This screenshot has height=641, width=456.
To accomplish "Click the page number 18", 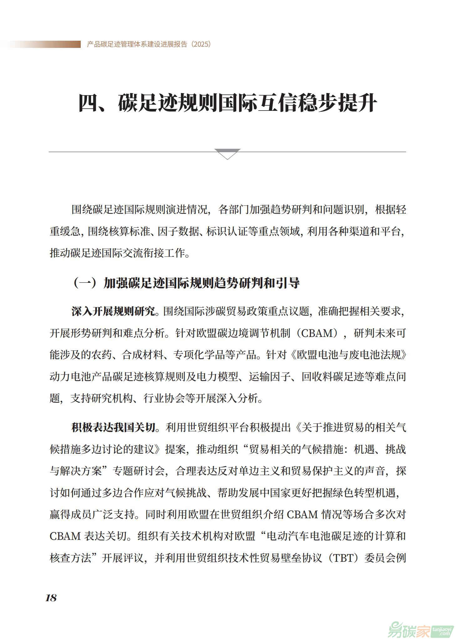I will point(51,598).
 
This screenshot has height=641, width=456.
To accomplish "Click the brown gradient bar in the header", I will point(44,44).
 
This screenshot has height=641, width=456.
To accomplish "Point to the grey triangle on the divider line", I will point(228,153).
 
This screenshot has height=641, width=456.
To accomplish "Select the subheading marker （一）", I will point(84,283).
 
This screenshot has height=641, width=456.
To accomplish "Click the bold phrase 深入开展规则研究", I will point(113,312).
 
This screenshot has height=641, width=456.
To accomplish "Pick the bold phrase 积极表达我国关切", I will point(113,427).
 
